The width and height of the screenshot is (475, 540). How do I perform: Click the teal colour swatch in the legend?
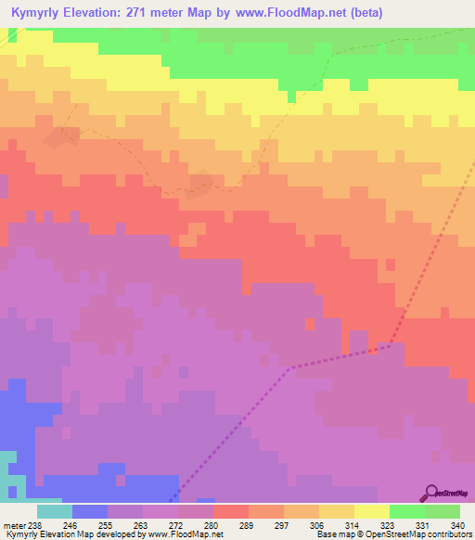point(54,511)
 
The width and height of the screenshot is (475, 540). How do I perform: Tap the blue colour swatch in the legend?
point(89,511)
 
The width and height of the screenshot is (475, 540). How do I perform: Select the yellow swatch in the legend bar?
point(371,511)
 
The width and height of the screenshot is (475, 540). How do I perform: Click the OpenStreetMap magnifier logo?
point(430,493)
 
